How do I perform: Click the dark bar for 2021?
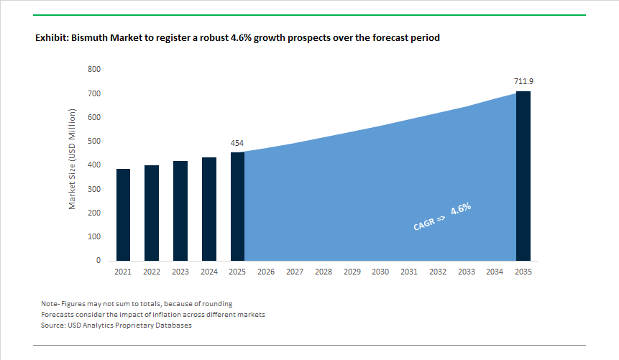[123, 215]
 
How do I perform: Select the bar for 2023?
[180, 211]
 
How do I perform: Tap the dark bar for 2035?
[523, 176]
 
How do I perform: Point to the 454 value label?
[237, 143]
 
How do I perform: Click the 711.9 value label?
[523, 82]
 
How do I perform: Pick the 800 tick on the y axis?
[94, 70]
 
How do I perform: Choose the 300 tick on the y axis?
[94, 189]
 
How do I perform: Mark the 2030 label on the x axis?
[380, 272]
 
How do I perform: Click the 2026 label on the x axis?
[266, 272]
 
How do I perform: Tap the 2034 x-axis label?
[495, 272]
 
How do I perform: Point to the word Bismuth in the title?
[91, 37]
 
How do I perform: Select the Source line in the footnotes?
[116, 326]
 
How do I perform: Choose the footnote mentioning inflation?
[153, 315]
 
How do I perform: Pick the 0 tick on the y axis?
[98, 261]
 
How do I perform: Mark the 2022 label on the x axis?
[152, 272]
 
